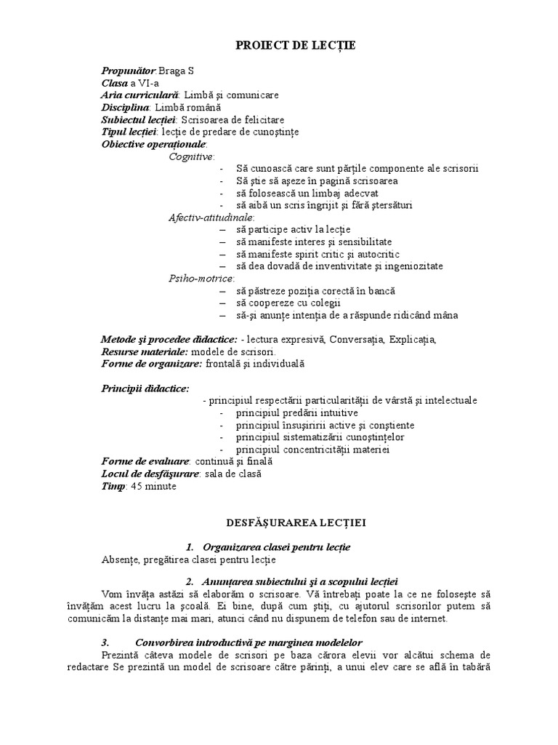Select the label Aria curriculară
139,95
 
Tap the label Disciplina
126,108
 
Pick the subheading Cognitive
191,156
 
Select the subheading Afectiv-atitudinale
211,217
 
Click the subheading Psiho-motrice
201,278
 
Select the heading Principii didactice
145,389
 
